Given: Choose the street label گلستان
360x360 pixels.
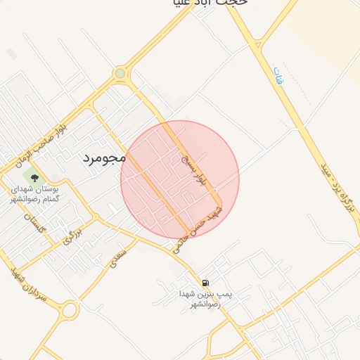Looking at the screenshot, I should [35, 226].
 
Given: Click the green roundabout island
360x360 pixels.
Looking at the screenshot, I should [120, 72].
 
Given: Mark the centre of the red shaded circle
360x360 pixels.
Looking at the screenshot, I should [180, 180].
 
